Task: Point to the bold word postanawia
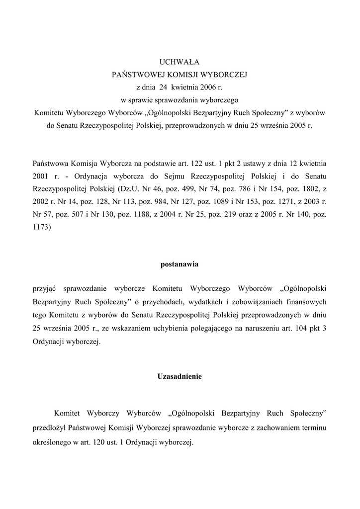click(x=180, y=264)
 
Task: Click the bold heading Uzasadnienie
click(x=180, y=377)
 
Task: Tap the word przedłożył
click(x=49, y=427)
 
